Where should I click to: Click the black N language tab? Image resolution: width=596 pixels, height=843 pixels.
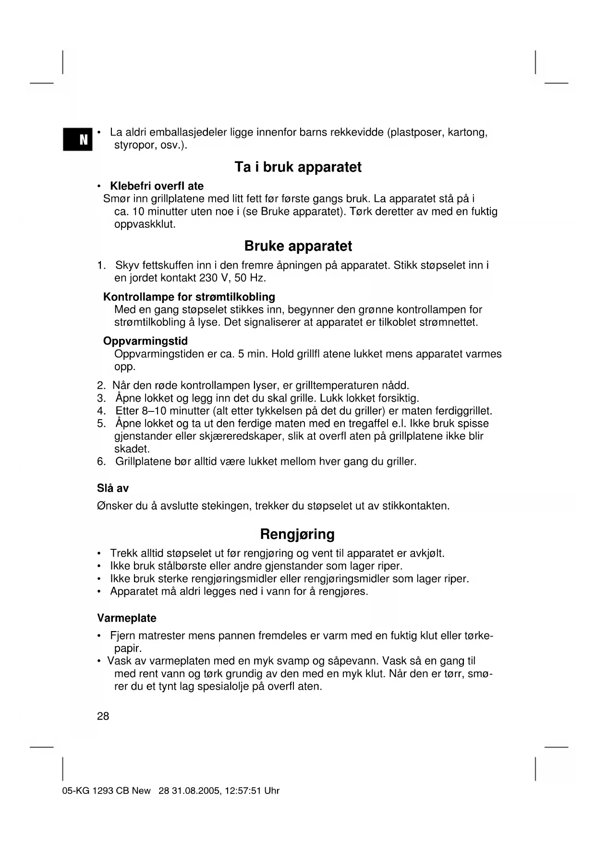[77, 139]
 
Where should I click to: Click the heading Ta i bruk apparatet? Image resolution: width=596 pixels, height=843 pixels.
[298, 167]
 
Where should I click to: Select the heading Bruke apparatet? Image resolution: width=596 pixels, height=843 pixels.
[298, 246]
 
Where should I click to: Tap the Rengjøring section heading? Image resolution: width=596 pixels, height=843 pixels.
[297, 534]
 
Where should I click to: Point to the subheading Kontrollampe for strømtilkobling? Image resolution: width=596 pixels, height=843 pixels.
[189, 297]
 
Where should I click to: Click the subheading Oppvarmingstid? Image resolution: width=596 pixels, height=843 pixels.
[145, 341]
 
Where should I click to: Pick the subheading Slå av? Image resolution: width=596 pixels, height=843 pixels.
[112, 488]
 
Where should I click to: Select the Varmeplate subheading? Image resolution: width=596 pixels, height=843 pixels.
[126, 618]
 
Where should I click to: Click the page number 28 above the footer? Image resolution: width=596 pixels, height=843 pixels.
[103, 716]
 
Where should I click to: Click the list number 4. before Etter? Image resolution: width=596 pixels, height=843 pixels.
[101, 411]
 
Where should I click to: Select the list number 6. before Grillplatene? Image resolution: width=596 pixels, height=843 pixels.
[101, 462]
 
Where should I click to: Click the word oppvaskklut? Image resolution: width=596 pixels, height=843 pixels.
[145, 224]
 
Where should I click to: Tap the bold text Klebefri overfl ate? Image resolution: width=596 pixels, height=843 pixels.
[157, 186]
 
